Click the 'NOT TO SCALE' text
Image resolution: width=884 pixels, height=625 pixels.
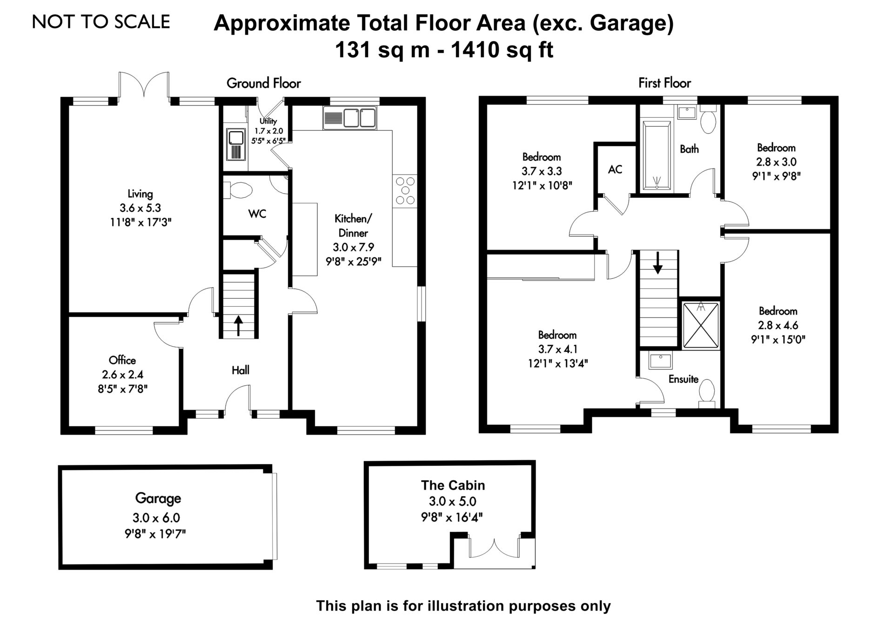coord(101,22)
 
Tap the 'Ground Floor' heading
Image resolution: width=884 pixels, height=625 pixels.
coord(264,83)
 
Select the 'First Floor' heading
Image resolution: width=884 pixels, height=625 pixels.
coord(664,83)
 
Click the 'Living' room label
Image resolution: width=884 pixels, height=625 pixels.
coord(140,194)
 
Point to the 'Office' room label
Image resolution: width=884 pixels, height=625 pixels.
coord(122,360)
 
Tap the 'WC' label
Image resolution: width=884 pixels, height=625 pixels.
coord(257,214)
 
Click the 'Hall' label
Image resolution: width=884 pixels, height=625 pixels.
coord(241,370)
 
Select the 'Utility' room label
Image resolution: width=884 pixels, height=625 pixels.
coord(268,121)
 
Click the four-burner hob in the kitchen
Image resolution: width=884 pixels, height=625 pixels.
coord(405,191)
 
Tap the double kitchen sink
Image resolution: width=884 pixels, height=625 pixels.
coord(349,118)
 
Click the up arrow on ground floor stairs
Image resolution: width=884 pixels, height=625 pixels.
coord(238,326)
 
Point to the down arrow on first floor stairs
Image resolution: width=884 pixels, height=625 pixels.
coord(657,263)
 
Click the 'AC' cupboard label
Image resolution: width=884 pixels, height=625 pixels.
coord(615,169)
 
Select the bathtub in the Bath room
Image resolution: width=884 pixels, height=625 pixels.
coord(656,156)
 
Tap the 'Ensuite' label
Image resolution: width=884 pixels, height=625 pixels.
coord(683,379)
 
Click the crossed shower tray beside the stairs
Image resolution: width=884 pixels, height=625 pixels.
coord(701,325)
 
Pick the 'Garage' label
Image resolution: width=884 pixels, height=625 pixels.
coord(158,499)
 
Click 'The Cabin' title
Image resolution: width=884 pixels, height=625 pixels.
coord(453,485)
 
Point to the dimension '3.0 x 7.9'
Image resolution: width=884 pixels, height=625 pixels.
coord(353,247)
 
